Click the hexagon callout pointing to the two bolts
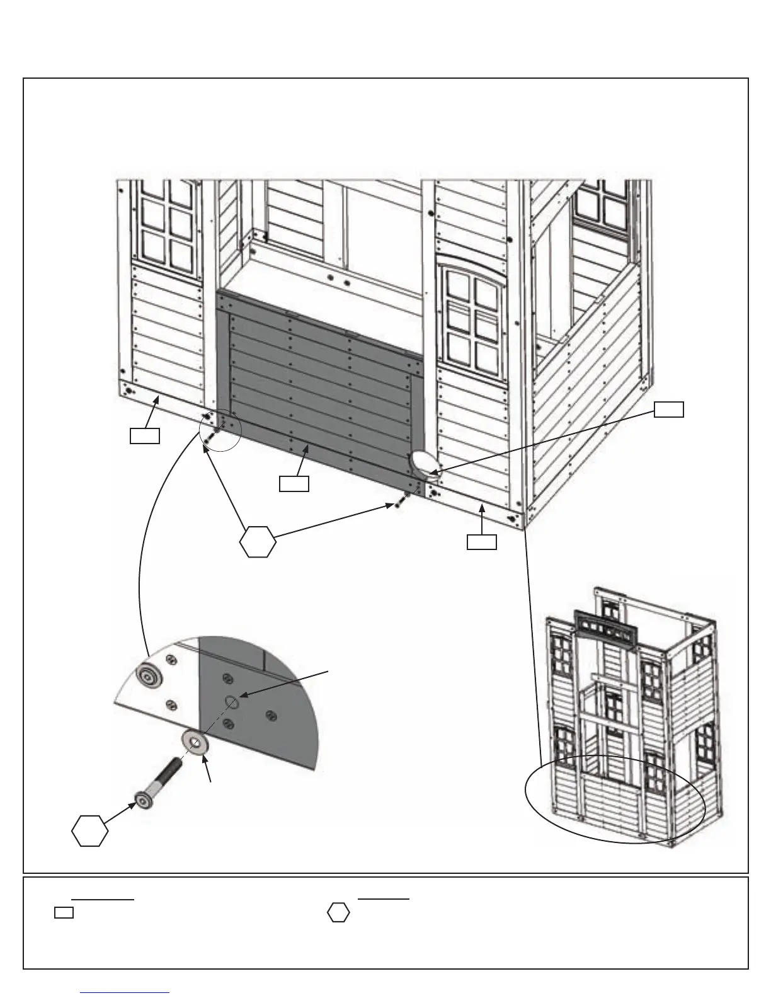pos(258,541)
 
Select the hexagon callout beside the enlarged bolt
pos(89,831)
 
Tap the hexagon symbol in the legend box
pos(338,913)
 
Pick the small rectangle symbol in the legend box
pos(64,912)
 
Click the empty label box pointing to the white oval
pos(668,409)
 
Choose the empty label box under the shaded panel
pos(294,483)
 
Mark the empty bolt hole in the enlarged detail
pos(231,701)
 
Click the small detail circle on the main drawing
pos(220,430)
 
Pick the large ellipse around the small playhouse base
pos(615,799)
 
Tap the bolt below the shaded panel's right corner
pos(401,500)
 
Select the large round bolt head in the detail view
pos(150,677)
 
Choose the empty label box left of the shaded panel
pos(144,435)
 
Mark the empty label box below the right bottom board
pos(481,542)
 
